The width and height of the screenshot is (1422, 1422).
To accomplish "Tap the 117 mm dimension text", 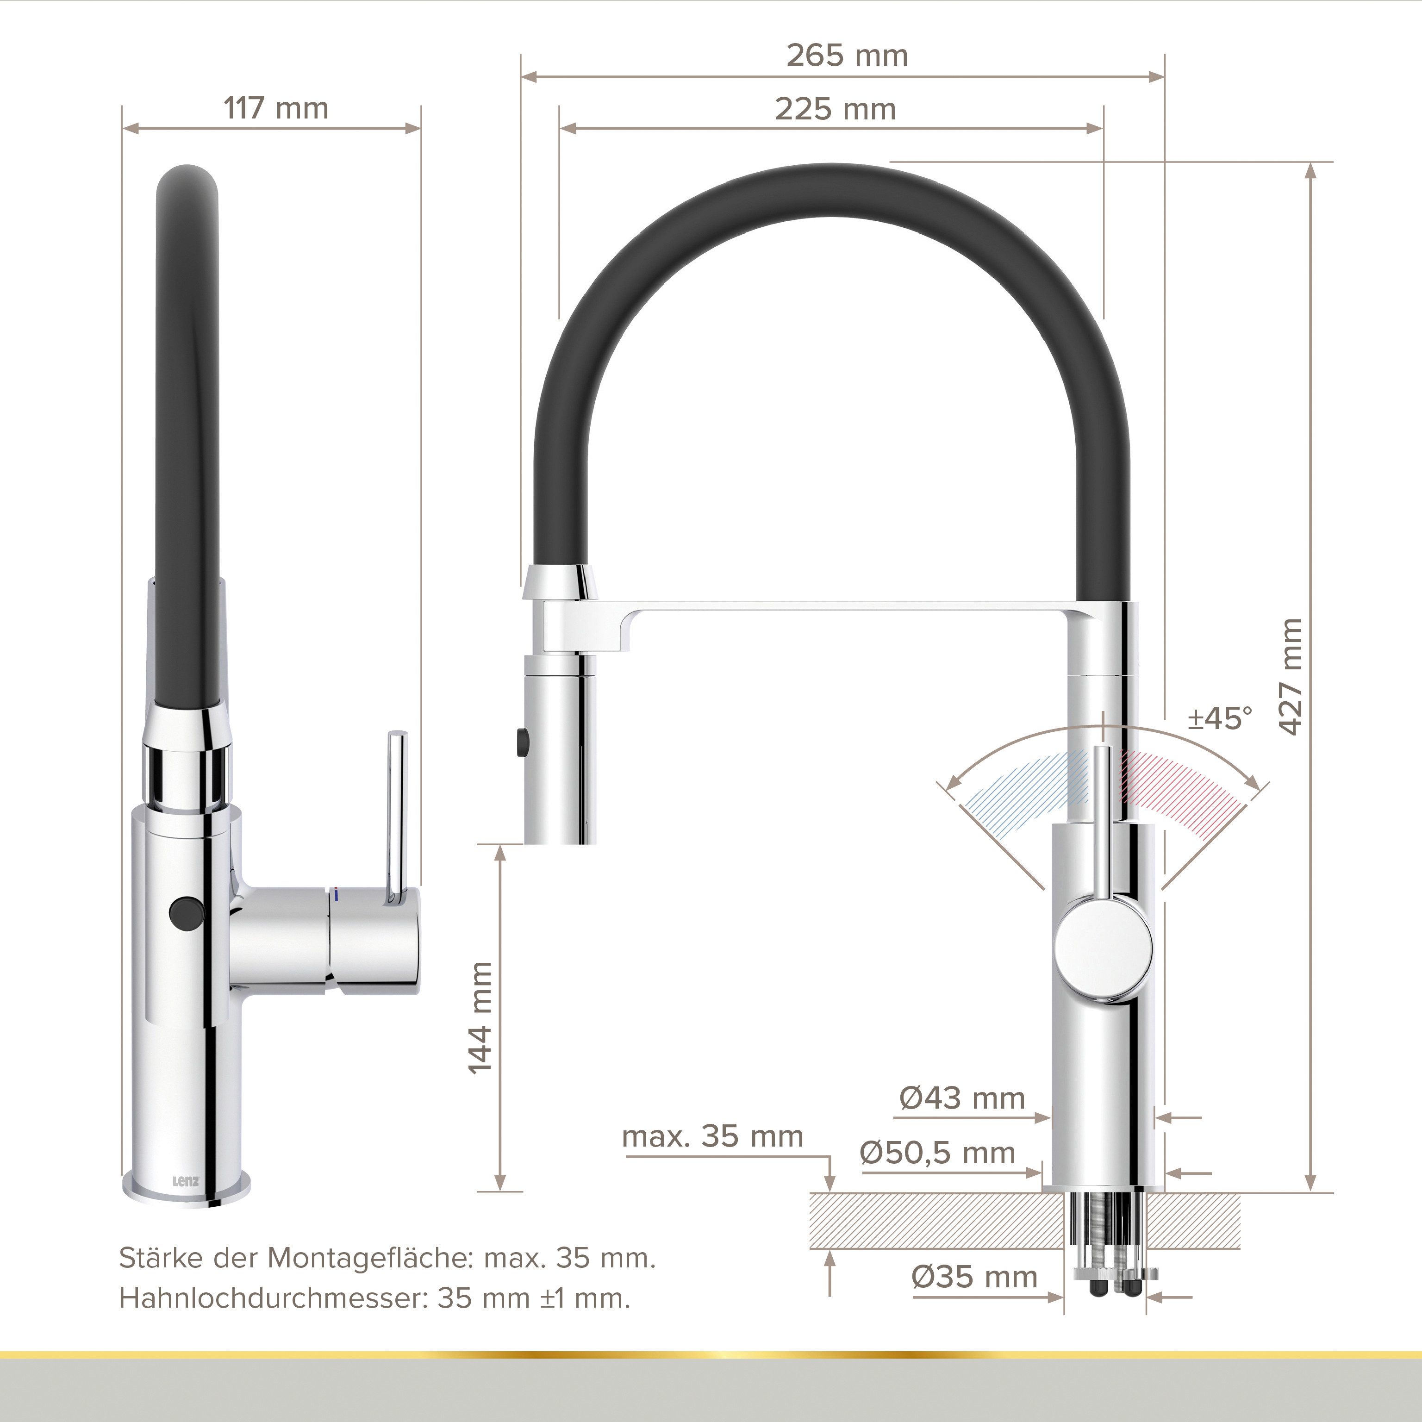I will tap(276, 109).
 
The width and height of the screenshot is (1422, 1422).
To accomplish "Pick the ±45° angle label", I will tap(1220, 718).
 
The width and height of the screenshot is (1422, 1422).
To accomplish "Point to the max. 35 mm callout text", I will tap(712, 1136).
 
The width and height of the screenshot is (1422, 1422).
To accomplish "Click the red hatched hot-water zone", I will tap(1178, 787).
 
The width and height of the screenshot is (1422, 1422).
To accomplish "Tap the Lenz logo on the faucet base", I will tap(186, 1183).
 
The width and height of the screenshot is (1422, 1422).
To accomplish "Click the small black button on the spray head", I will tap(524, 740).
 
